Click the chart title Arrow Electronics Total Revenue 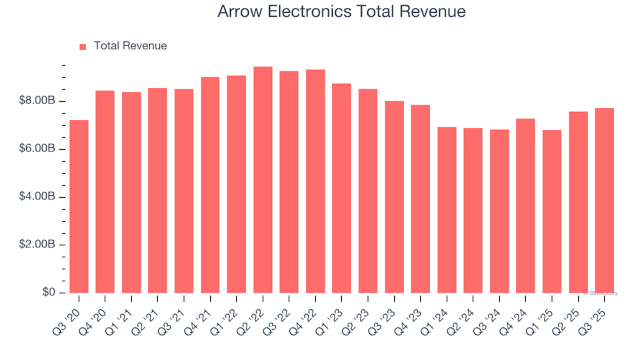pos(341,12)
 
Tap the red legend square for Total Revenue pos(83,47)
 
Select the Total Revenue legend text pos(130,46)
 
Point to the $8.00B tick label pos(38,101)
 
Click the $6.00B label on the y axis pos(38,149)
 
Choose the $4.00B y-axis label pos(38,197)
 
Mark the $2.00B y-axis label pos(38,245)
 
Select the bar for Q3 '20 pos(79,207)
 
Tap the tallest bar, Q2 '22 pos(263,180)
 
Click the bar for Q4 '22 pos(315,181)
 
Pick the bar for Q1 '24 pos(447,210)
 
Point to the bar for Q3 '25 pos(604,201)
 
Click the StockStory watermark pos(601,293)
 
